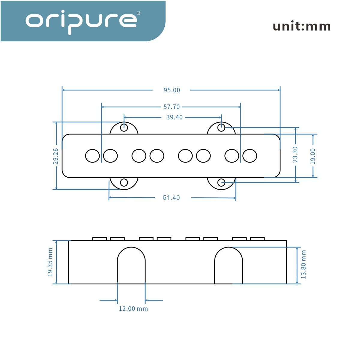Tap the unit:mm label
click(x=301, y=27)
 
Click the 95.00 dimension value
click(x=172, y=90)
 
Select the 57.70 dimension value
click(x=172, y=107)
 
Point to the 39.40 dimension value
click(x=174, y=117)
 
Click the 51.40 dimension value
click(x=171, y=198)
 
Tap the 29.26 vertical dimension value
click(x=56, y=156)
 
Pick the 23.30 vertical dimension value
click(x=295, y=155)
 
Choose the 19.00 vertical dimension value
click(x=313, y=156)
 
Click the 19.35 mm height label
click(x=50, y=262)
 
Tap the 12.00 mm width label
click(x=133, y=309)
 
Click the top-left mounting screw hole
click(x=124, y=128)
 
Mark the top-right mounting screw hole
click(x=221, y=128)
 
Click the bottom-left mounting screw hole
click(x=124, y=182)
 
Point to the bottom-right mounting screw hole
click(x=221, y=182)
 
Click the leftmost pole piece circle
click(x=92, y=156)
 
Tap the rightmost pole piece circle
click(x=250, y=156)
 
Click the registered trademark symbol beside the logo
click(x=138, y=13)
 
